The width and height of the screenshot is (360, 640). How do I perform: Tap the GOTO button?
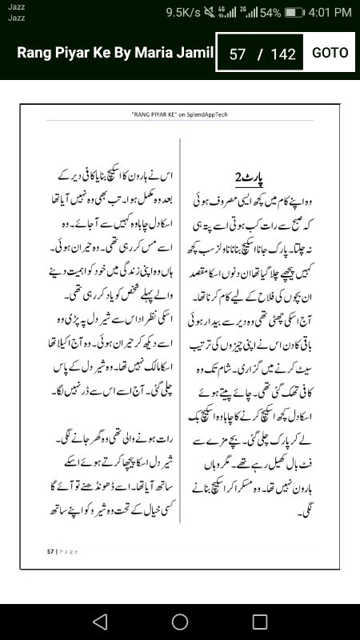(330, 53)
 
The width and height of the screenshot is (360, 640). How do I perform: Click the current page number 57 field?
(237, 54)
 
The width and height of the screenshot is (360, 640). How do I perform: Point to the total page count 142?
(283, 54)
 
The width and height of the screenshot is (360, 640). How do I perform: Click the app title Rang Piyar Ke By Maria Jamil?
(115, 53)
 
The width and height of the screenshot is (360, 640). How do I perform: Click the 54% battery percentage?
(270, 13)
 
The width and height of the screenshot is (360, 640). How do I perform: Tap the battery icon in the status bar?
(294, 13)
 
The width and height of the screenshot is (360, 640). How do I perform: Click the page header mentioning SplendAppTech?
(179, 114)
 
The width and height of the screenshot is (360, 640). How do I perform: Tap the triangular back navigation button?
(99, 622)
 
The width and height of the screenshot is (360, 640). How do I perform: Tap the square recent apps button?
(260, 622)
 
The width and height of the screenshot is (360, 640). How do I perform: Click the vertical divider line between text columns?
(180, 336)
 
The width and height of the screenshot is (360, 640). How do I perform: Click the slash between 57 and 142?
(259, 54)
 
